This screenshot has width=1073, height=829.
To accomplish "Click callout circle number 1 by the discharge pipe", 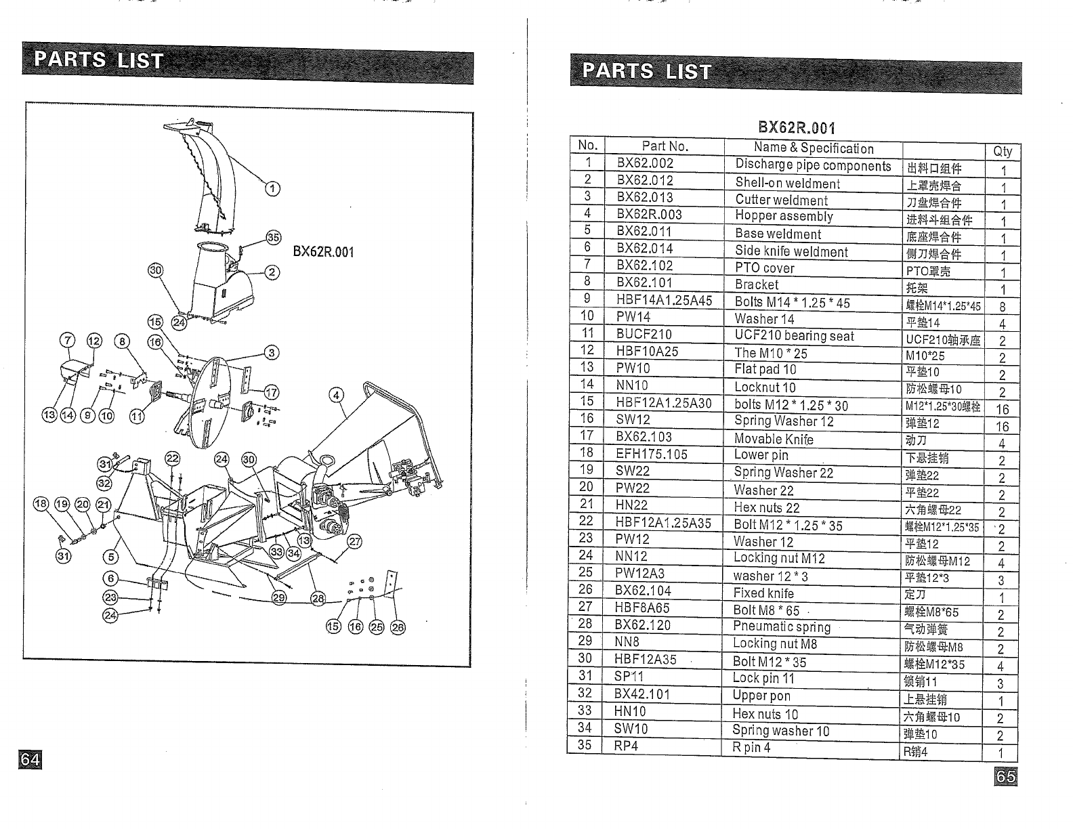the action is tap(271, 189).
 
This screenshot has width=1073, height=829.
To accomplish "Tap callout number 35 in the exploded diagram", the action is tap(273, 237).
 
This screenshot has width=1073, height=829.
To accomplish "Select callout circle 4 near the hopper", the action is tap(336, 395).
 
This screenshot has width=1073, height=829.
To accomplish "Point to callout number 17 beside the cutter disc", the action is tap(271, 392).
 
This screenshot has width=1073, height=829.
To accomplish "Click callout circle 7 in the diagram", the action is tap(68, 341).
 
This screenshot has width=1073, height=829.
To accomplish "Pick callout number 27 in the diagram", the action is tap(354, 541).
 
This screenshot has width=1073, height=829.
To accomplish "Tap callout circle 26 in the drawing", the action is tap(398, 627).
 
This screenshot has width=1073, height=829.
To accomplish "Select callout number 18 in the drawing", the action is tap(41, 503).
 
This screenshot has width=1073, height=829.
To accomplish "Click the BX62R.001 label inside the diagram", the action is tap(323, 252).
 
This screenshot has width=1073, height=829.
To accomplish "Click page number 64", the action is tap(30, 759).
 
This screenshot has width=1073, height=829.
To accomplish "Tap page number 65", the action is tap(1006, 776).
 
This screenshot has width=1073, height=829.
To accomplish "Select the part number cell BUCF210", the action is tap(644, 335).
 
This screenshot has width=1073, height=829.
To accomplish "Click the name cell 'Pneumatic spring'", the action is tap(781, 626).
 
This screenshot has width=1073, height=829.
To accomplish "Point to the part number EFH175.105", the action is tap(651, 454).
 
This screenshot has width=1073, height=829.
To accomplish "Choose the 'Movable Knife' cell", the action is tap(774, 438).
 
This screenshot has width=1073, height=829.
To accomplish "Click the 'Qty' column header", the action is tap(1002, 151).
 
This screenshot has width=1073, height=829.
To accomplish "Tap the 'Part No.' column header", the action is tap(665, 146).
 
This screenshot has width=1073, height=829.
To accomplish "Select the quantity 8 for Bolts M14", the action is tap(1002, 306).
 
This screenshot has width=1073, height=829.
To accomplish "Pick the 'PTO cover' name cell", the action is tap(765, 268).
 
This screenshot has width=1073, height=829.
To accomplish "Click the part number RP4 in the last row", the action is tap(626, 746).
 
